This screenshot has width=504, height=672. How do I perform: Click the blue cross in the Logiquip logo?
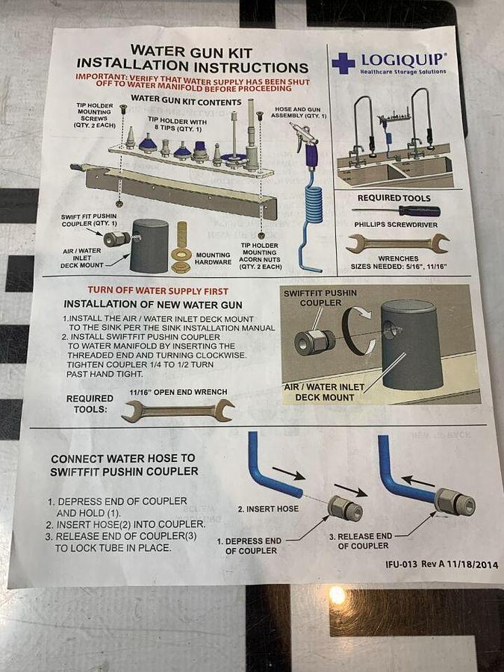[x=343, y=63]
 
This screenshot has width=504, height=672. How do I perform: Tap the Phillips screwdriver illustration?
[x=396, y=211]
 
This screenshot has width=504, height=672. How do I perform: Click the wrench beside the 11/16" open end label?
[x=178, y=411]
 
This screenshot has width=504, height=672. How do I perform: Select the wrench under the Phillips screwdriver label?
[x=398, y=243]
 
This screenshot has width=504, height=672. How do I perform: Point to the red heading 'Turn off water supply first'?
[x=158, y=290]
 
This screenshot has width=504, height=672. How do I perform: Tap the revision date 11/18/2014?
[x=473, y=564]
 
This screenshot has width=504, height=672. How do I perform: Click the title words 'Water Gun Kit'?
[x=191, y=52]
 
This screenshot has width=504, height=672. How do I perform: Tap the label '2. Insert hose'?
[x=268, y=508]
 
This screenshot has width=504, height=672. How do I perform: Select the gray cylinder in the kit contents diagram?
[x=149, y=246]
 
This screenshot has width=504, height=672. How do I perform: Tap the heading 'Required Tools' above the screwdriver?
[x=393, y=198]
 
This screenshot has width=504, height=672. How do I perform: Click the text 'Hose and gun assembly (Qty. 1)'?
[x=298, y=113]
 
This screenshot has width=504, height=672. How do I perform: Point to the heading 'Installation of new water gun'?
[x=153, y=305]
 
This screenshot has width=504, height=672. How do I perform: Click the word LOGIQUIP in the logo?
[x=403, y=60]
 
